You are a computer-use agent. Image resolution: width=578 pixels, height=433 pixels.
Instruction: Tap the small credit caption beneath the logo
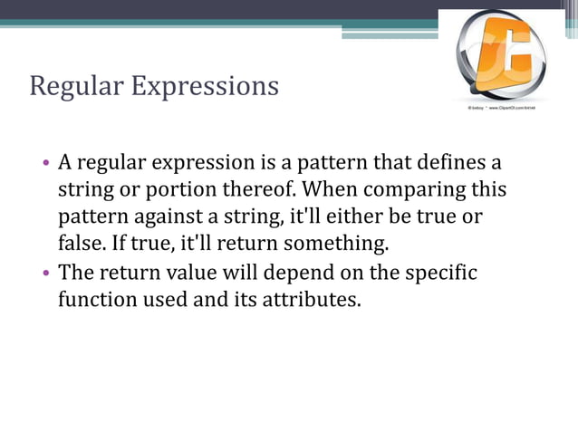[x=508, y=109]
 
